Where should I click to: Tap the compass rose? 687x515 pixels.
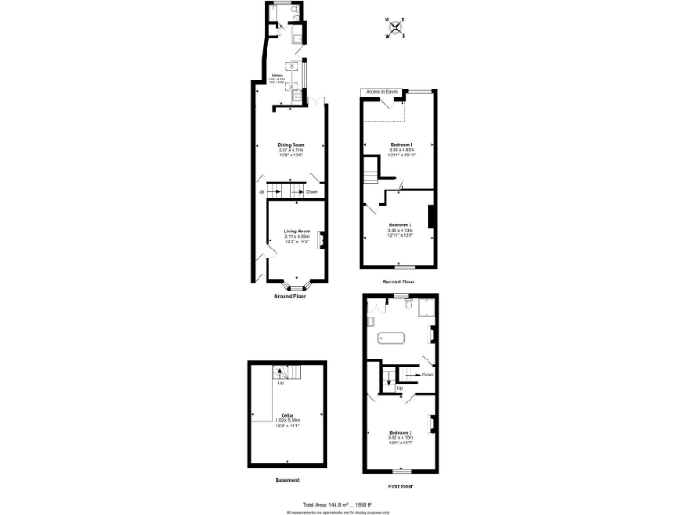pyautogui.click(x=394, y=27)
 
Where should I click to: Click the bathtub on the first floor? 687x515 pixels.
pyautogui.click(x=392, y=338)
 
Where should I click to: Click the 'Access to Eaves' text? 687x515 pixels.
pyautogui.click(x=380, y=92)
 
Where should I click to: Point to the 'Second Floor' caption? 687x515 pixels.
pyautogui.click(x=398, y=282)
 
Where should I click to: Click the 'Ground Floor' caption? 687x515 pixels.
pyautogui.click(x=290, y=296)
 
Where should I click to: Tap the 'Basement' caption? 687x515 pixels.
pyautogui.click(x=287, y=480)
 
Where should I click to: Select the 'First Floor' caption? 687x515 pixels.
pyautogui.click(x=400, y=485)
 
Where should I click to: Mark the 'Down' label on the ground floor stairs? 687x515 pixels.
pyautogui.click(x=311, y=192)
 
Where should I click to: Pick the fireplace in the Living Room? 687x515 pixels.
pyautogui.click(x=320, y=239)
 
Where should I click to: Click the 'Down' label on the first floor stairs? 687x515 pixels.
pyautogui.click(x=428, y=375)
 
